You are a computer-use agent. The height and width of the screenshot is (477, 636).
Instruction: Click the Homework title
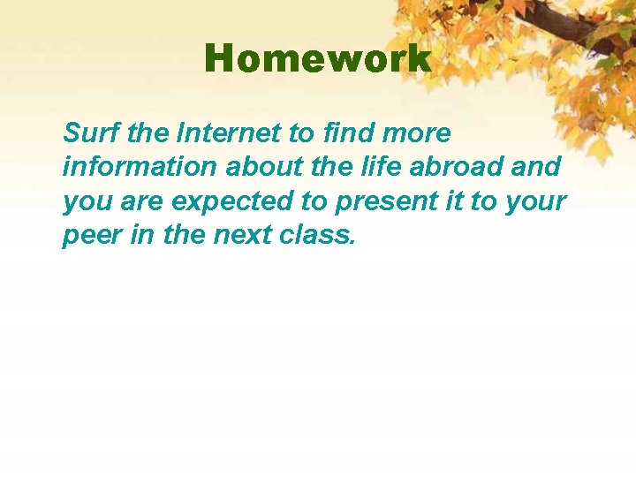click(318, 60)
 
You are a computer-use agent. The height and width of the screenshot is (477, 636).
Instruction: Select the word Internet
click(232, 134)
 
